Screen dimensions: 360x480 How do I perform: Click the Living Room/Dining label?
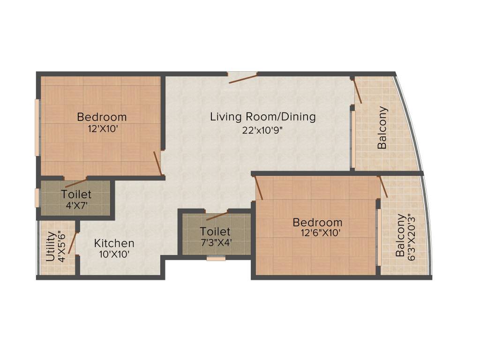262,117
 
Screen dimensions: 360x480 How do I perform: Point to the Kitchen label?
114,243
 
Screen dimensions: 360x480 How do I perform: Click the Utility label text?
50,246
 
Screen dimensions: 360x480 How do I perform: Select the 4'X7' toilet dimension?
76,204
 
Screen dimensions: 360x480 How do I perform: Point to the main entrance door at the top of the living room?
242,77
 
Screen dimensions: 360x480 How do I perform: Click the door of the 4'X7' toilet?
75,182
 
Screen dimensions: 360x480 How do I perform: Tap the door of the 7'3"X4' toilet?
217,215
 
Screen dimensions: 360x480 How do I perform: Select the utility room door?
72,242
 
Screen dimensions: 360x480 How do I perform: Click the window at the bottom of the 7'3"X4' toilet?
216,257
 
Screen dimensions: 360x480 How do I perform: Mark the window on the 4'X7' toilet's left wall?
37,197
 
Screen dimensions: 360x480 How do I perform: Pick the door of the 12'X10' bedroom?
158,164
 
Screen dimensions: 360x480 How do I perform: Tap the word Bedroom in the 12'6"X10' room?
318,222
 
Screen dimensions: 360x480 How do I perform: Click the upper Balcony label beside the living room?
383,128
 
